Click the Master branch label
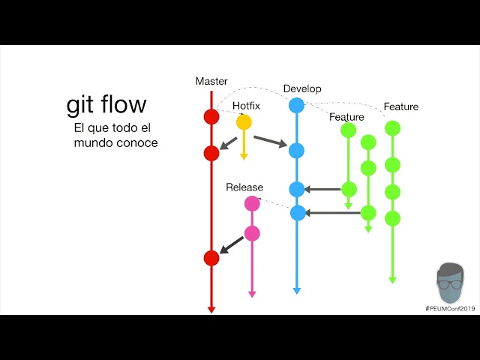(x=211, y=81)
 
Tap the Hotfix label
(x=246, y=106)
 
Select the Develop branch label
(x=302, y=88)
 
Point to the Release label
(x=244, y=187)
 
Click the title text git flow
(x=106, y=104)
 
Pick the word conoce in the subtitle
(x=136, y=142)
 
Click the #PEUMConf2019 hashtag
(x=450, y=308)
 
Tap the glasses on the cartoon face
(x=450, y=284)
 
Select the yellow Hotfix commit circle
(x=244, y=121)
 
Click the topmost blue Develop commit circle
(x=297, y=106)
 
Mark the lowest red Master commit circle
(x=211, y=258)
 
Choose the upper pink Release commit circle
(x=252, y=203)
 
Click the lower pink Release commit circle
(x=252, y=233)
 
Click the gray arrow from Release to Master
(x=232, y=244)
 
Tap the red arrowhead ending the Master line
(x=211, y=308)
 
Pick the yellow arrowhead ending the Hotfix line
(x=244, y=156)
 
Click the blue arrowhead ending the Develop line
(x=297, y=290)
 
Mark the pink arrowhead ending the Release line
(x=252, y=294)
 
